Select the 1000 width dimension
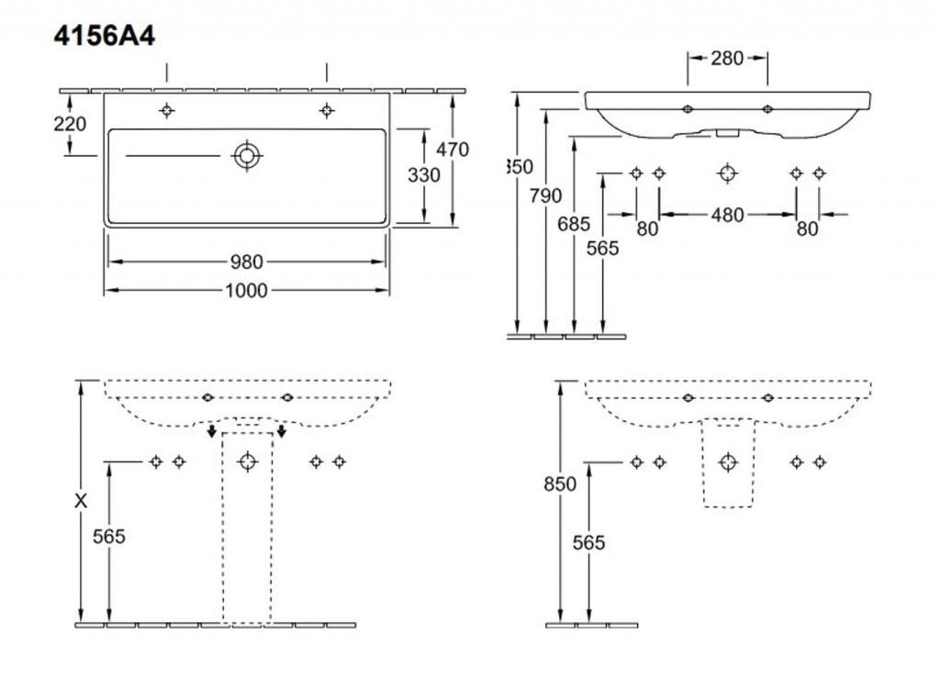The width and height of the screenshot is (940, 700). (245, 291)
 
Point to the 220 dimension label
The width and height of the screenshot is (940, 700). (71, 124)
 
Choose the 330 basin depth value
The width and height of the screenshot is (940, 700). (423, 174)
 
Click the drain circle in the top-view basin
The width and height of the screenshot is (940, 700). (246, 155)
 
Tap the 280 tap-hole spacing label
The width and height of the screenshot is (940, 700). (727, 59)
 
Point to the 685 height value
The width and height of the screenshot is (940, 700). (576, 221)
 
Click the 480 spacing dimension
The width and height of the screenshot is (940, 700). (727, 215)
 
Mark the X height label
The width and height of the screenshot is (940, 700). (83, 501)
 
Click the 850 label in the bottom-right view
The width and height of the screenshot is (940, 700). (559, 484)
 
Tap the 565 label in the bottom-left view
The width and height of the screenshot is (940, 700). (109, 537)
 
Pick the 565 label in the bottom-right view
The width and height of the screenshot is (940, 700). (588, 542)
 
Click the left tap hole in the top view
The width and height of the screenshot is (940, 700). (166, 111)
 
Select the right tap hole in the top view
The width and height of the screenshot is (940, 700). (326, 111)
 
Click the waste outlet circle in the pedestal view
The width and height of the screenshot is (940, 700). (247, 461)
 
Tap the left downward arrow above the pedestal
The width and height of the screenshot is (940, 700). (212, 431)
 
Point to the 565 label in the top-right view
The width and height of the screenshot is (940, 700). (603, 248)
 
